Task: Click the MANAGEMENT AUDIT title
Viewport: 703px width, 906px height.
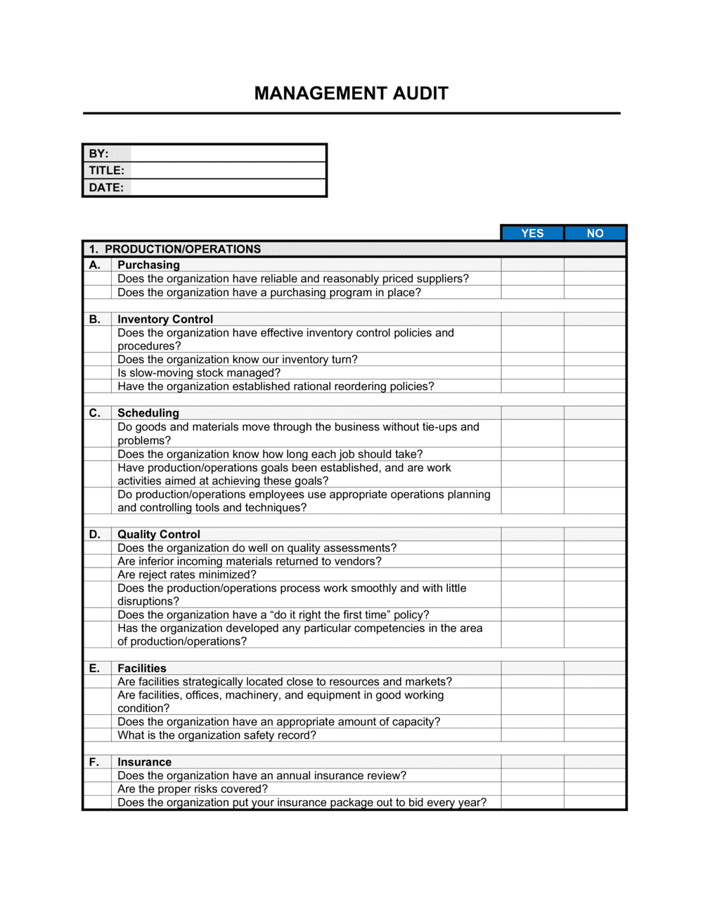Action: tap(351, 93)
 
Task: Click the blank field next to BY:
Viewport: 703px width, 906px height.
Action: tap(228, 153)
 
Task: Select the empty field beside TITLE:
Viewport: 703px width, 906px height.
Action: tap(228, 170)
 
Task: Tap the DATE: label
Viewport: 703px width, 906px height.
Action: tap(106, 188)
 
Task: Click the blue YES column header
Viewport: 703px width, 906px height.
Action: tap(532, 233)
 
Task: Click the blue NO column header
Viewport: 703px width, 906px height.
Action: tap(595, 233)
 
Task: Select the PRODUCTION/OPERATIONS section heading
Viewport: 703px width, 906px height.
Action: tap(183, 249)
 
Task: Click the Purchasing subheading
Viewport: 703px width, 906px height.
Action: tap(148, 265)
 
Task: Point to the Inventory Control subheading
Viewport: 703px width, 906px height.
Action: tap(165, 319)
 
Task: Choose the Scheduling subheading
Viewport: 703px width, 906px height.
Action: tap(148, 413)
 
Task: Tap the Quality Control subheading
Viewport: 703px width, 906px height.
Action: tap(159, 534)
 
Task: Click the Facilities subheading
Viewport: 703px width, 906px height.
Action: tap(142, 668)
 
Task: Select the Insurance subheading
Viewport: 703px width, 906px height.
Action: tap(144, 762)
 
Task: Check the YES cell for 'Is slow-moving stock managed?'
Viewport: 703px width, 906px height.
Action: tap(532, 373)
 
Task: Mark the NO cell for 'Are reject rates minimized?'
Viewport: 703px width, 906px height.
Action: tap(595, 575)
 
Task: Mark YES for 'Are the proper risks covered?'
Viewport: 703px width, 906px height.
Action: tap(532, 789)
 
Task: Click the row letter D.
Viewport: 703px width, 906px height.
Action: tap(95, 534)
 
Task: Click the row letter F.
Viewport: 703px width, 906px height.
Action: tap(94, 762)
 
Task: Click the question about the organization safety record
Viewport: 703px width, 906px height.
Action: tap(217, 735)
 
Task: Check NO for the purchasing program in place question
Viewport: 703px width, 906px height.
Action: tap(595, 292)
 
